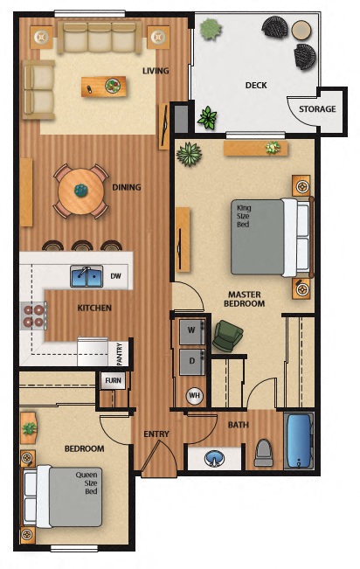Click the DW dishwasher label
click(x=115, y=276)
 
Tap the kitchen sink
click(x=87, y=276)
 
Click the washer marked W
click(x=191, y=330)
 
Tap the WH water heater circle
click(x=193, y=394)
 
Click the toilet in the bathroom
click(x=264, y=451)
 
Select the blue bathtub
click(x=299, y=441)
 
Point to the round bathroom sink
click(x=214, y=457)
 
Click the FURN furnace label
click(x=113, y=380)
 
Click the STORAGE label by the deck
click(x=316, y=109)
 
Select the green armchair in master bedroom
click(x=227, y=336)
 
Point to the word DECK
click(x=256, y=85)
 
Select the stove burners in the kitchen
click(x=33, y=316)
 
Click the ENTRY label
click(x=156, y=434)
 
